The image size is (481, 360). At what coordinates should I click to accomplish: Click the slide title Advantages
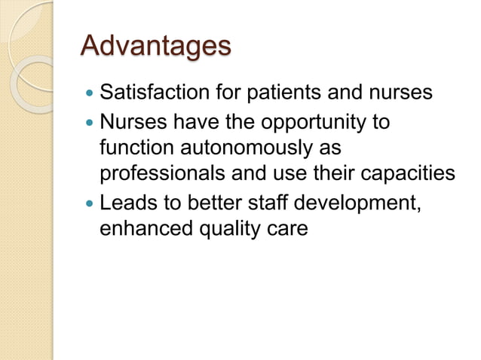click(x=155, y=47)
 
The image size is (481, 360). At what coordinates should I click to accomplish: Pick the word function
click(x=133, y=148)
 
